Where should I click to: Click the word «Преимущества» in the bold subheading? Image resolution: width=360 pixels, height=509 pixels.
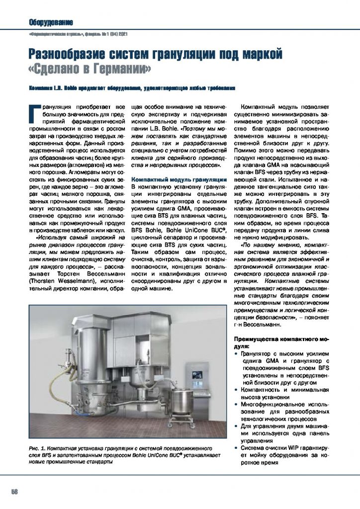257,339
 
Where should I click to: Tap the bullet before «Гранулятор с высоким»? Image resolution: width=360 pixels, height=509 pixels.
236,353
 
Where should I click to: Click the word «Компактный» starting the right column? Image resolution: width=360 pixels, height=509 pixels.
260,107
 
